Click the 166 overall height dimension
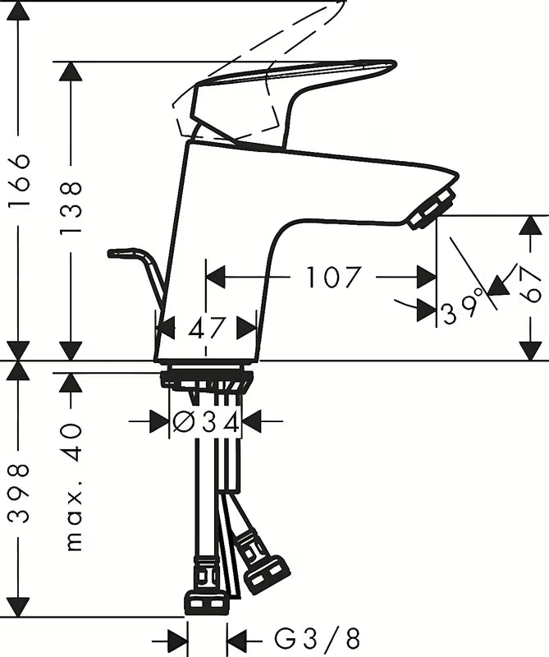(19, 180)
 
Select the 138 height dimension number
(70, 208)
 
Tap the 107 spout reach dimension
(333, 277)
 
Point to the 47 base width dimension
(206, 328)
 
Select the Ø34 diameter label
(206, 422)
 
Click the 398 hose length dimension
(19, 493)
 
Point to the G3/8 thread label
(317, 640)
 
